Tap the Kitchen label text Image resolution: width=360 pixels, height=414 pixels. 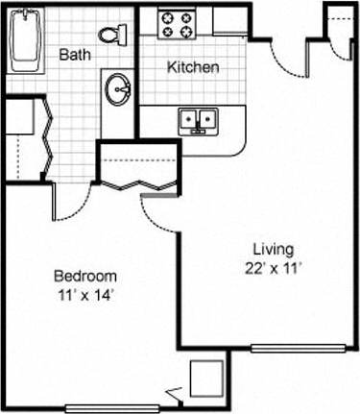click(194, 67)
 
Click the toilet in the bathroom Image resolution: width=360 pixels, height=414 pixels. click(115, 36)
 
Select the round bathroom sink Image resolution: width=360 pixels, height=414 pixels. click(121, 91)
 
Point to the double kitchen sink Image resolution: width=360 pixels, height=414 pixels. click(199, 120)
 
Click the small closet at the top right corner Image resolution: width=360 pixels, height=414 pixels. click(339, 25)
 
